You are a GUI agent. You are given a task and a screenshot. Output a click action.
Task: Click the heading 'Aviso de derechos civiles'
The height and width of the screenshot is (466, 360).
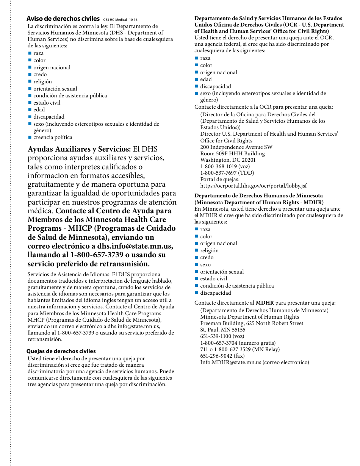[x=63, y=19]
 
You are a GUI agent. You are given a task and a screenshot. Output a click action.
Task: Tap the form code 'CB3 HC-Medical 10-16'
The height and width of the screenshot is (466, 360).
[x=120, y=20]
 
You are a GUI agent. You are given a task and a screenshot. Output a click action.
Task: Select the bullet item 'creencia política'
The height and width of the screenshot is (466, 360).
[x=53, y=138]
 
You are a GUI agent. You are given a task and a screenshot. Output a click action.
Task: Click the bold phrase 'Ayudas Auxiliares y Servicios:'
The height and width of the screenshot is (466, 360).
[x=79, y=149]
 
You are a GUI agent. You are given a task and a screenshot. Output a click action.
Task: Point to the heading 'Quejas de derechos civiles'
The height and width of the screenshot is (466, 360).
[x=61, y=351]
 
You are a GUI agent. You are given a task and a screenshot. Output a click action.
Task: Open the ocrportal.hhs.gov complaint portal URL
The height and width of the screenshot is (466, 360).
[x=254, y=186]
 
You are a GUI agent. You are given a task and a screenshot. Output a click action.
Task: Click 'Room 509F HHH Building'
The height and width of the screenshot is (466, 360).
[x=232, y=153]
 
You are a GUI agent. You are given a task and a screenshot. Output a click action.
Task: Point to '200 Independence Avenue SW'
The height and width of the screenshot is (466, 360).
[x=236, y=147]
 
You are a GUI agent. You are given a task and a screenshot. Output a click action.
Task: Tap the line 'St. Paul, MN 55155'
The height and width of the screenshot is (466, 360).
[x=222, y=330]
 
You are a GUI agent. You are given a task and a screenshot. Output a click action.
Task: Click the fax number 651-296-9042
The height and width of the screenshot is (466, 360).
[x=222, y=356]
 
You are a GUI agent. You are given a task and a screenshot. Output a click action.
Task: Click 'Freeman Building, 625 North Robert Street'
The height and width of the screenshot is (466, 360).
[x=252, y=323]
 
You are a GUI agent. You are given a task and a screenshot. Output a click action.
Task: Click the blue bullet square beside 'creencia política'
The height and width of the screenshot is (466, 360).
[x=30, y=138]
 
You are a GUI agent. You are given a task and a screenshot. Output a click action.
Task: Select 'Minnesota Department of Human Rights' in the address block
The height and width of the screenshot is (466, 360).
[x=249, y=317]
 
